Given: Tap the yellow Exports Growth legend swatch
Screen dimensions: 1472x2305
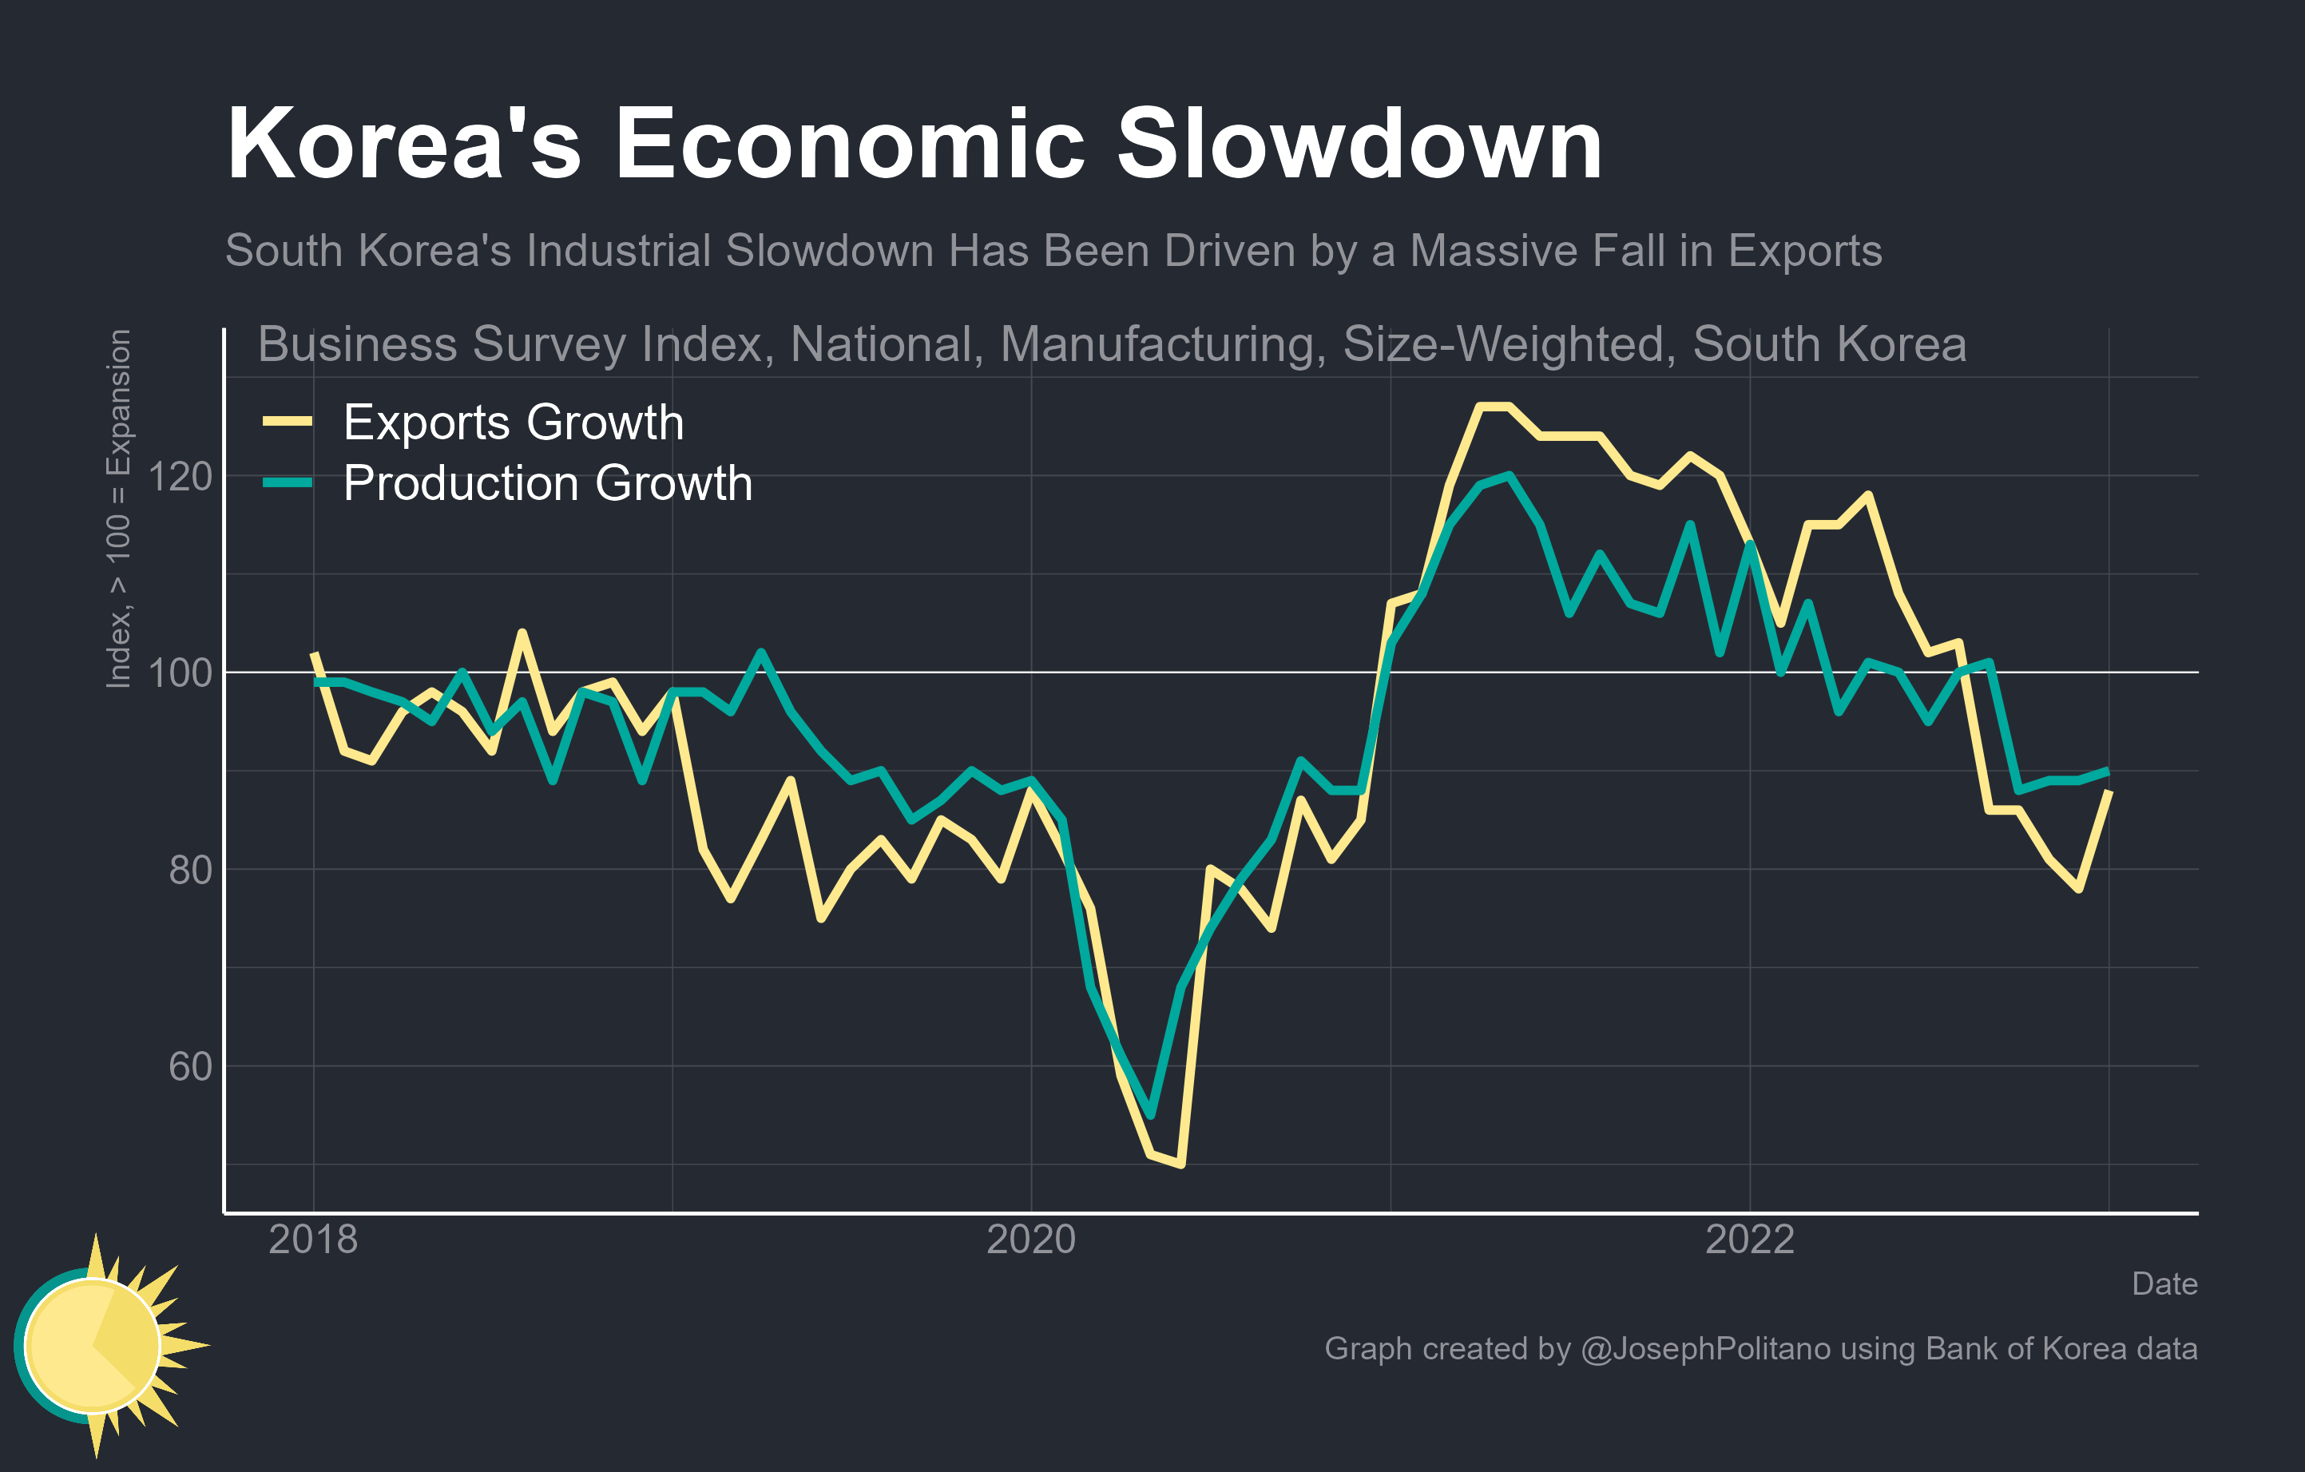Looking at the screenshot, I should pyautogui.click(x=288, y=421).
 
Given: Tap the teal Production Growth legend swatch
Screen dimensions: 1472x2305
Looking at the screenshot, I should pyautogui.click(x=288, y=482).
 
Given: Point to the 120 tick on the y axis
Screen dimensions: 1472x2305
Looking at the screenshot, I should pyautogui.click(x=180, y=477).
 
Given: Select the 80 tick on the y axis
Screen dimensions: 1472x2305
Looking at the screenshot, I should pyautogui.click(x=189, y=871).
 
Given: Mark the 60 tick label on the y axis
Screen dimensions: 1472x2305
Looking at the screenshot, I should pyautogui.click(x=189, y=1067).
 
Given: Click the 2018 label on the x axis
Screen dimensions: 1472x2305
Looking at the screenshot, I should pyautogui.click(x=313, y=1240).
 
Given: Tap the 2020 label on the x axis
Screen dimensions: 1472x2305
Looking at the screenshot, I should pyautogui.click(x=1031, y=1240).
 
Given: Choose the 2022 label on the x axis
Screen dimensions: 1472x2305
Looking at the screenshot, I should pyautogui.click(x=1750, y=1240).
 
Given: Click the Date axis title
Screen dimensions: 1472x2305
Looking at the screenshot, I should pyautogui.click(x=2164, y=1284).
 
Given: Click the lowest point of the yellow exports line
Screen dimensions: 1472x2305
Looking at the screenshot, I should pyautogui.click(x=1181, y=1165).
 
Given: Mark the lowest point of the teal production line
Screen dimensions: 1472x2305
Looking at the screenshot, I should pyautogui.click(x=1151, y=1115).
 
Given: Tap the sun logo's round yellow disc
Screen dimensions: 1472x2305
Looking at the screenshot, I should pyautogui.click(x=92, y=1345).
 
